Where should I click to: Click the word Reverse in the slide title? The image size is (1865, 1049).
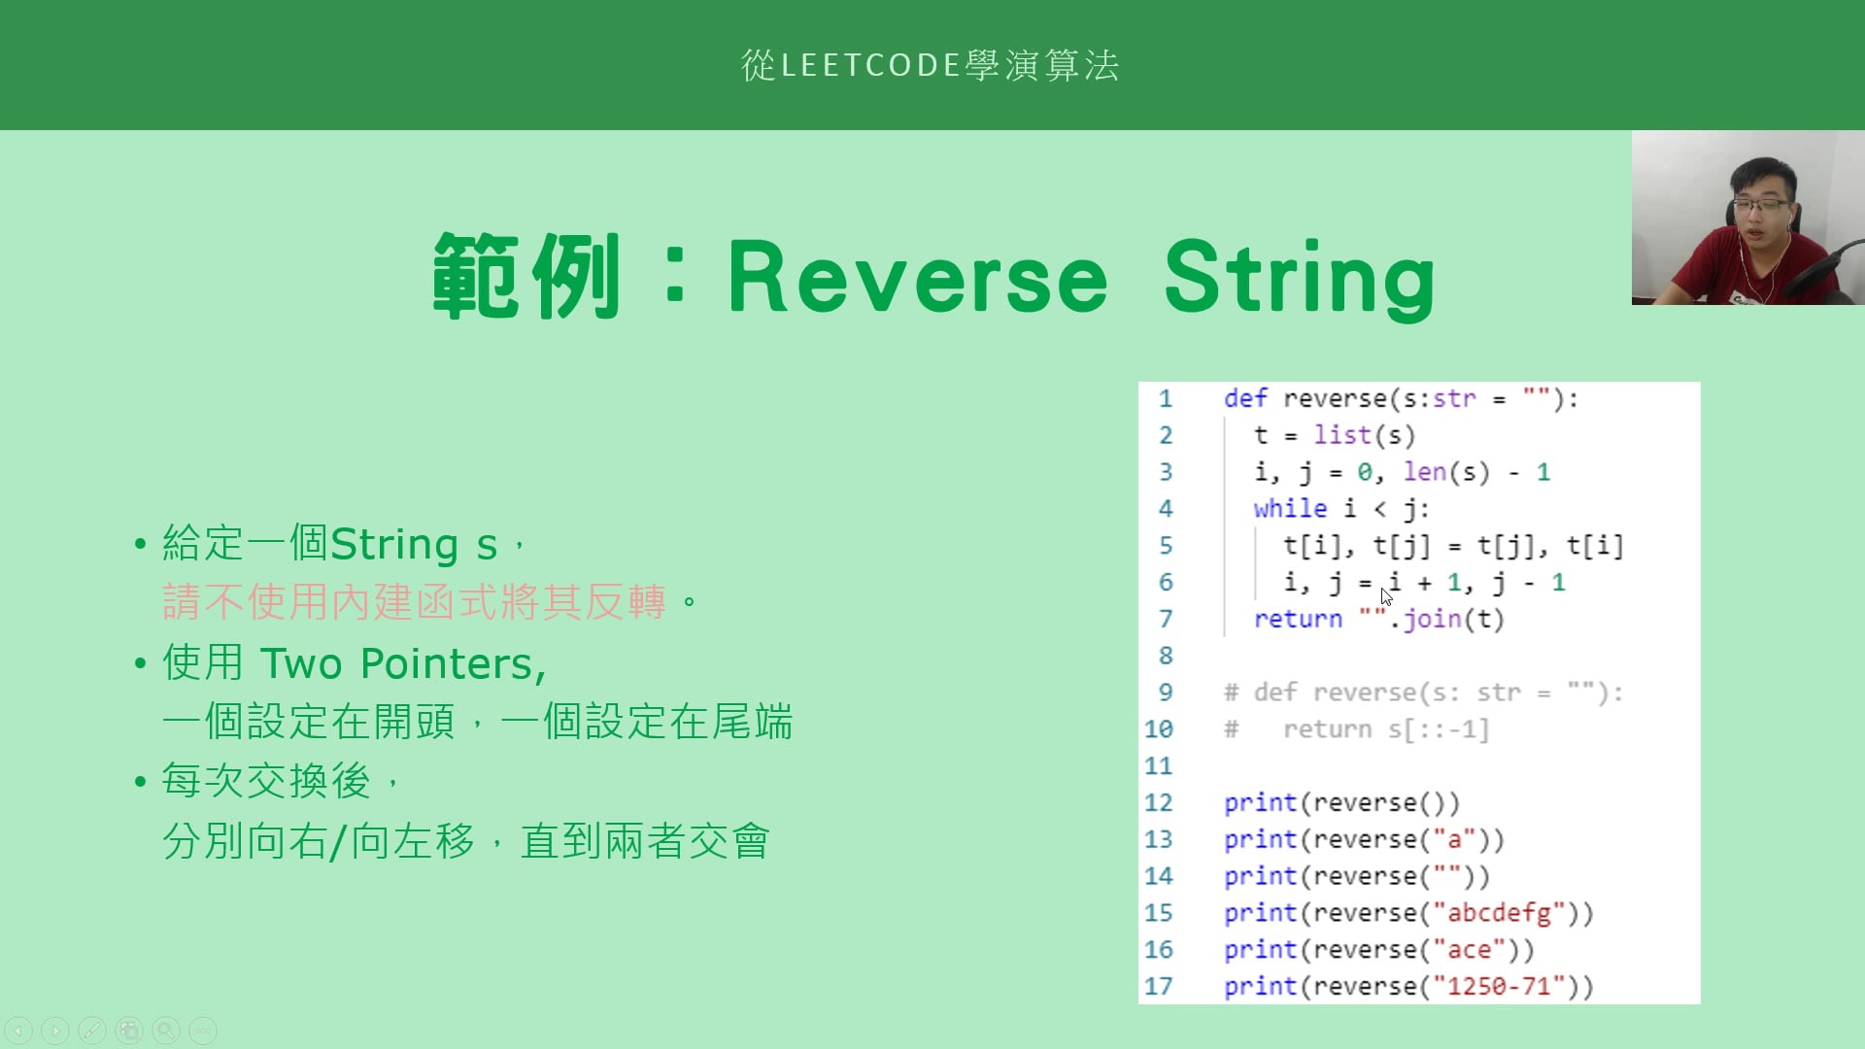click(x=918, y=279)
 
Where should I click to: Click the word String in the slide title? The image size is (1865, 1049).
click(x=1300, y=279)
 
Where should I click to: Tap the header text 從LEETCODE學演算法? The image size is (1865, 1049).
click(x=931, y=65)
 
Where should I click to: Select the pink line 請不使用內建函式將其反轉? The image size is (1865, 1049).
click(x=415, y=602)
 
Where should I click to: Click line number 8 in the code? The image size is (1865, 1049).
click(x=1166, y=656)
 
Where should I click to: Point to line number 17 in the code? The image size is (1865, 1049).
click(x=1159, y=986)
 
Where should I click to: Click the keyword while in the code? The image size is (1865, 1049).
click(x=1289, y=508)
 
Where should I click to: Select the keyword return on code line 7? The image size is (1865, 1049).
click(x=1298, y=619)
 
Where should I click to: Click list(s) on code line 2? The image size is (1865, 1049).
click(x=1365, y=435)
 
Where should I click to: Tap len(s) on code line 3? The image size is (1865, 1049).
click(x=1446, y=472)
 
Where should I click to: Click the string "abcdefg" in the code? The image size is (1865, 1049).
click(x=1499, y=913)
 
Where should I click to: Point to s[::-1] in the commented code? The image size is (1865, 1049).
click(x=1439, y=729)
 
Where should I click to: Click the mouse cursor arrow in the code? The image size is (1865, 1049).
click(x=1386, y=595)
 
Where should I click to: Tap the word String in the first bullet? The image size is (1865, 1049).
click(x=394, y=545)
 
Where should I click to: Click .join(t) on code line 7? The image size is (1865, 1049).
click(x=1446, y=619)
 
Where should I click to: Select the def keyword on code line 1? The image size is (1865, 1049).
click(x=1245, y=398)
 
